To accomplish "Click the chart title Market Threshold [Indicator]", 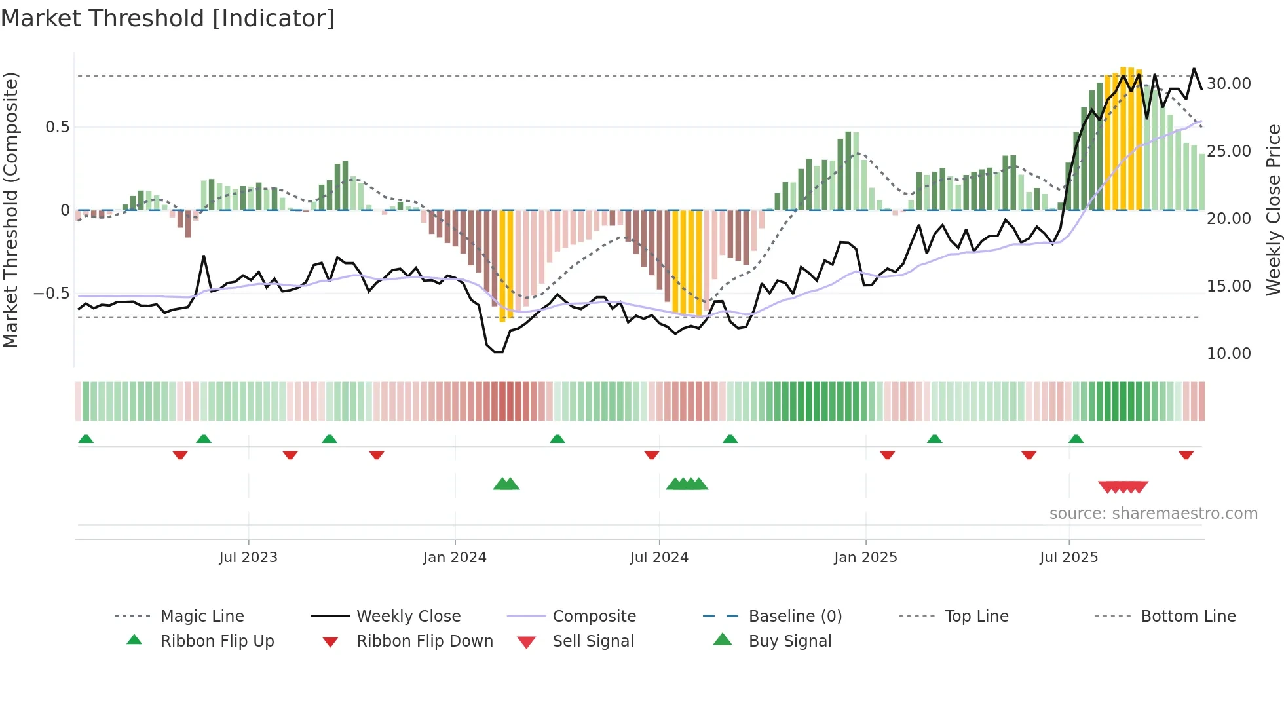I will [168, 18].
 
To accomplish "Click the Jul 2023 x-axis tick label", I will [248, 558].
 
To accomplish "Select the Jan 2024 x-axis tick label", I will [455, 558].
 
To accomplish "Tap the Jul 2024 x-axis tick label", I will [659, 558].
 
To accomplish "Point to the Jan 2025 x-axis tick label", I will [865, 558].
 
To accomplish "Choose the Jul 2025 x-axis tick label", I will [1068, 558].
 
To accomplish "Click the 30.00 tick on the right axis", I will [1229, 84].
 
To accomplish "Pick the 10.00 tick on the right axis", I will [1229, 354].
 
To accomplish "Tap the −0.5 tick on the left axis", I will [52, 293].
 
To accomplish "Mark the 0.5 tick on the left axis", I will [57, 127].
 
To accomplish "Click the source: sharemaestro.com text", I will [1153, 514].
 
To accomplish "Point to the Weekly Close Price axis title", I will [1273, 210].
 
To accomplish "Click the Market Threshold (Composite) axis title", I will [11, 210].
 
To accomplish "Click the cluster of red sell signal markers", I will [1123, 487].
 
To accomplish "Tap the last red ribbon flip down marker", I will [1186, 455].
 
